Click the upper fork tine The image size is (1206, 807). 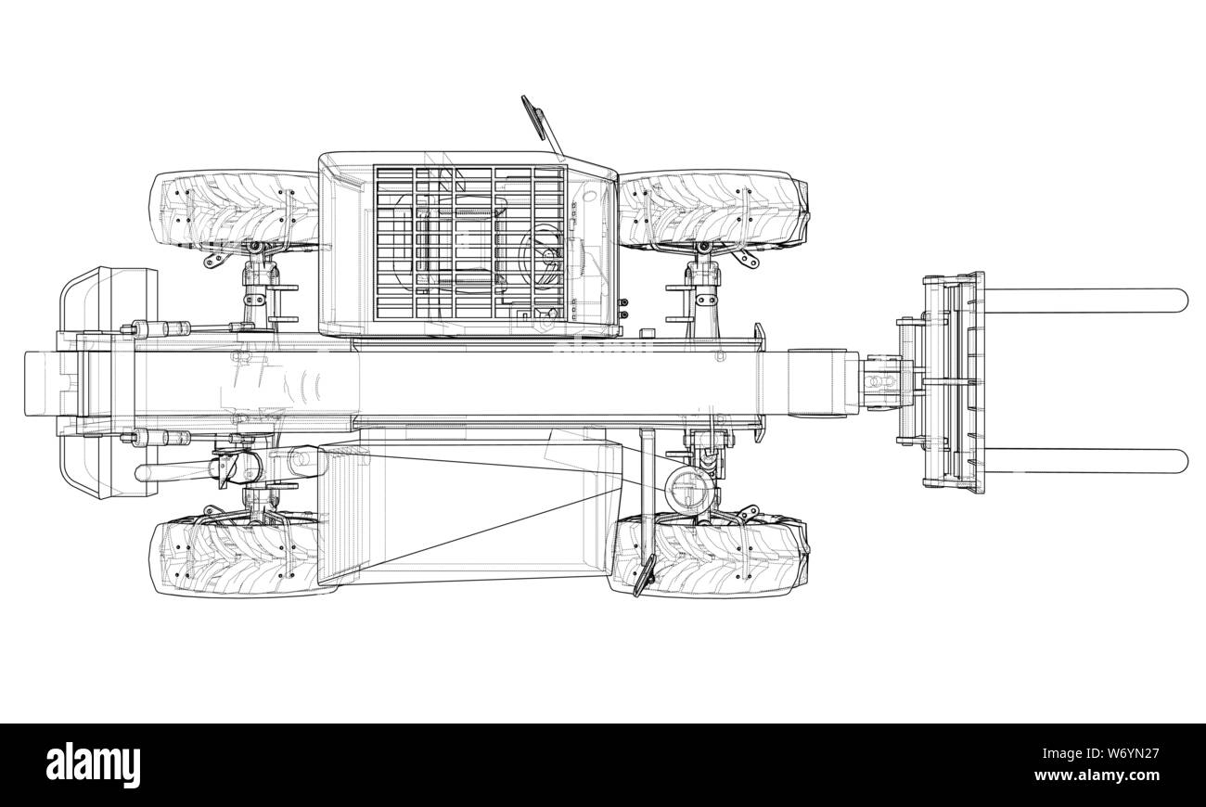point(1084,301)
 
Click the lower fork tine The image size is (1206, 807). point(1084,461)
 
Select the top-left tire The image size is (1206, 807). point(235,210)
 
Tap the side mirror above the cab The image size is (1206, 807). point(541,125)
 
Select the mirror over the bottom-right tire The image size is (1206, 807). point(645,576)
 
